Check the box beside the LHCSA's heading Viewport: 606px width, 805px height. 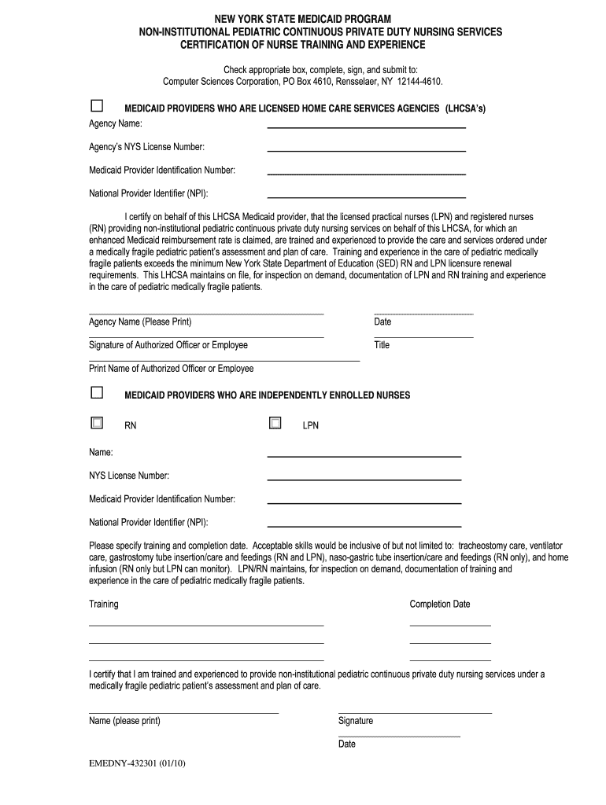tap(97, 105)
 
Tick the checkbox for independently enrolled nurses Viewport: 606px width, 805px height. tap(97, 392)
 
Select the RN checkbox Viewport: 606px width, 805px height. tap(97, 423)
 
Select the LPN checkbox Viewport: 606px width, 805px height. tap(275, 423)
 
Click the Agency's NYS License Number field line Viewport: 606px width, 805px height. tap(366, 150)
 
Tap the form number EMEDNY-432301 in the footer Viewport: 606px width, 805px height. tap(137, 762)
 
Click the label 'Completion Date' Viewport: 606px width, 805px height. tap(439, 604)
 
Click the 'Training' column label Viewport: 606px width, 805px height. tap(104, 604)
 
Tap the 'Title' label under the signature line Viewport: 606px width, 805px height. tap(382, 345)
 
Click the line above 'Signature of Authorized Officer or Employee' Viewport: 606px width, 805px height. tap(206, 337)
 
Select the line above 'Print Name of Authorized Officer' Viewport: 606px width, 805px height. tap(224, 360)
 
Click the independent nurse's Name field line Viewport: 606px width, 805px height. tap(364, 456)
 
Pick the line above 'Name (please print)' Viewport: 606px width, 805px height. tap(183, 713)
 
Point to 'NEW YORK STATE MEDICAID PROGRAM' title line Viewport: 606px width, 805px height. tap(303, 19)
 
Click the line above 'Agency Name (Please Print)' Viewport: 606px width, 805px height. tap(206, 314)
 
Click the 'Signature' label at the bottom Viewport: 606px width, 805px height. tap(356, 721)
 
